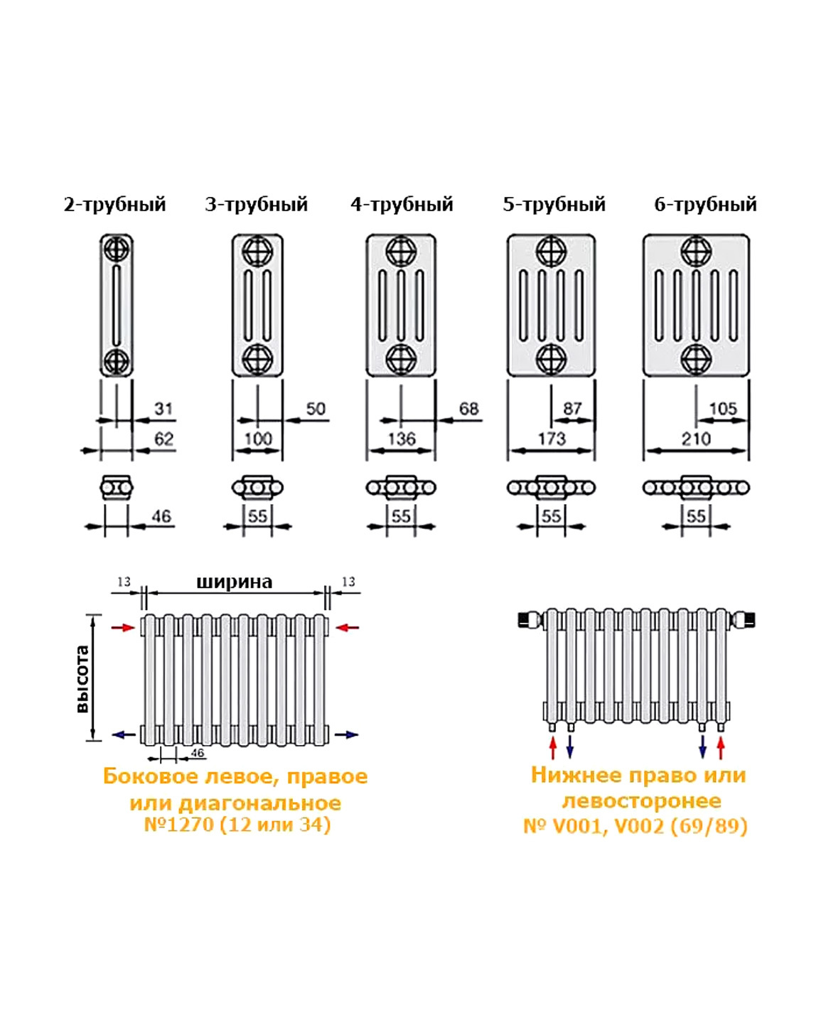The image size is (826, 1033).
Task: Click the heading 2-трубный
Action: pos(114,205)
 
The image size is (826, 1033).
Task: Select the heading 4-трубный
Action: pos(402,205)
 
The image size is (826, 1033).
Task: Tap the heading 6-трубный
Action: pos(705,205)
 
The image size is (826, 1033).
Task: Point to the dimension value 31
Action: pos(163,409)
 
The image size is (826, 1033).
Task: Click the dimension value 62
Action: pos(163,439)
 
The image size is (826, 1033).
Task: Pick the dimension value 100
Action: pos(257,439)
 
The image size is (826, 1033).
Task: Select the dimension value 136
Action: pos(402,439)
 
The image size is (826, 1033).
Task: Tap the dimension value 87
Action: pos(572,409)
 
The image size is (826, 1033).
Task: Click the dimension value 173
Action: pos(552,439)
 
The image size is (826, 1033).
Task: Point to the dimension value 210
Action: pos(696,439)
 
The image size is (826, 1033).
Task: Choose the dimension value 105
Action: pos(723,409)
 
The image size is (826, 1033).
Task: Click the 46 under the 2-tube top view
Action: pos(161,516)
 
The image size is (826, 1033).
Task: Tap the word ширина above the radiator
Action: pos(234,582)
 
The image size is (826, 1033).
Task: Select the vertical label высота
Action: pos(82,679)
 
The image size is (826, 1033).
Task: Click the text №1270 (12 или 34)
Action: pos(237,825)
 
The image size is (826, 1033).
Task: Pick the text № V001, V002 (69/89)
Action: pos(635,826)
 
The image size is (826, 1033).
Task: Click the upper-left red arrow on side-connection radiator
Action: pos(124,627)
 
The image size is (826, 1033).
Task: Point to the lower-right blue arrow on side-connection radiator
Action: pos(346,734)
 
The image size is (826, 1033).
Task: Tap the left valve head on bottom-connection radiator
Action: pos(530,619)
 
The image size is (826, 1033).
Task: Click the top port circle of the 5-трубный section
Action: pos(551,251)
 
